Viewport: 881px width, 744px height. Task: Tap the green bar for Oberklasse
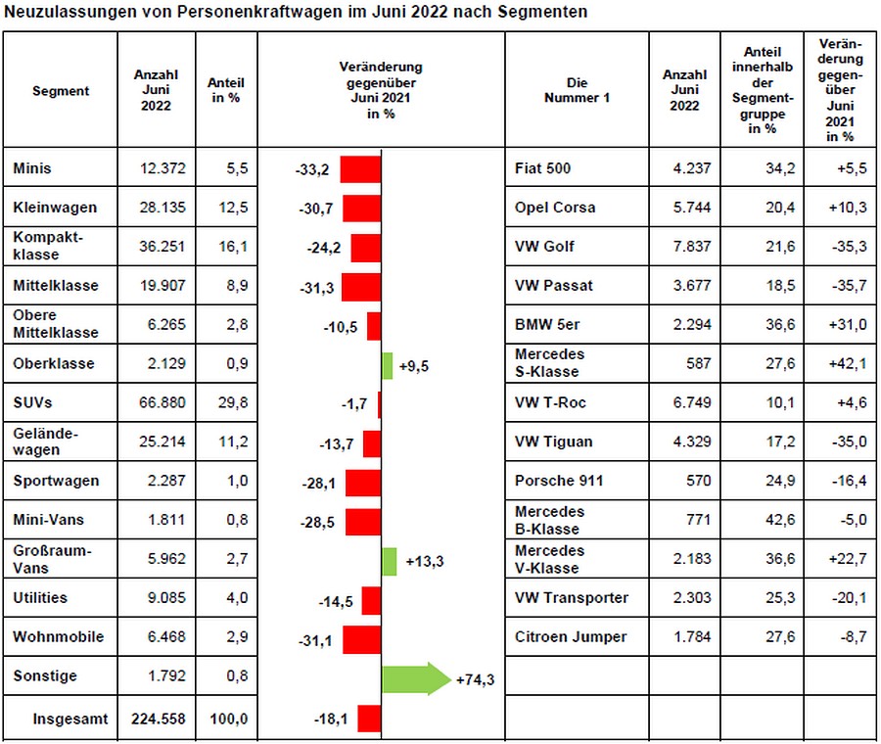point(387,364)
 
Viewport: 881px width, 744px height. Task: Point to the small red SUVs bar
point(379,403)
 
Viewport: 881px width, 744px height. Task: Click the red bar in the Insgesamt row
point(369,718)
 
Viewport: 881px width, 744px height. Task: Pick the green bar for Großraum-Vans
point(389,561)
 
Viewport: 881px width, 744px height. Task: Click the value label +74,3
point(474,679)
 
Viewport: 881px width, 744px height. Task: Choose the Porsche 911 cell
point(559,481)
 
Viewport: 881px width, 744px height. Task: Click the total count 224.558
point(157,719)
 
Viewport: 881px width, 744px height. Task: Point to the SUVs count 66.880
point(162,402)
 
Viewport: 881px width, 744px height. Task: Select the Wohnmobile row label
point(58,636)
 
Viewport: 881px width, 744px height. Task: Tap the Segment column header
point(61,91)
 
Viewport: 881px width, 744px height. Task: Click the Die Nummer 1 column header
point(577,90)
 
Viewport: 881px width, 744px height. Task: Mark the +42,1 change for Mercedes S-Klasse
point(847,363)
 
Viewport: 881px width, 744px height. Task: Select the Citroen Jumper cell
point(571,636)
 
